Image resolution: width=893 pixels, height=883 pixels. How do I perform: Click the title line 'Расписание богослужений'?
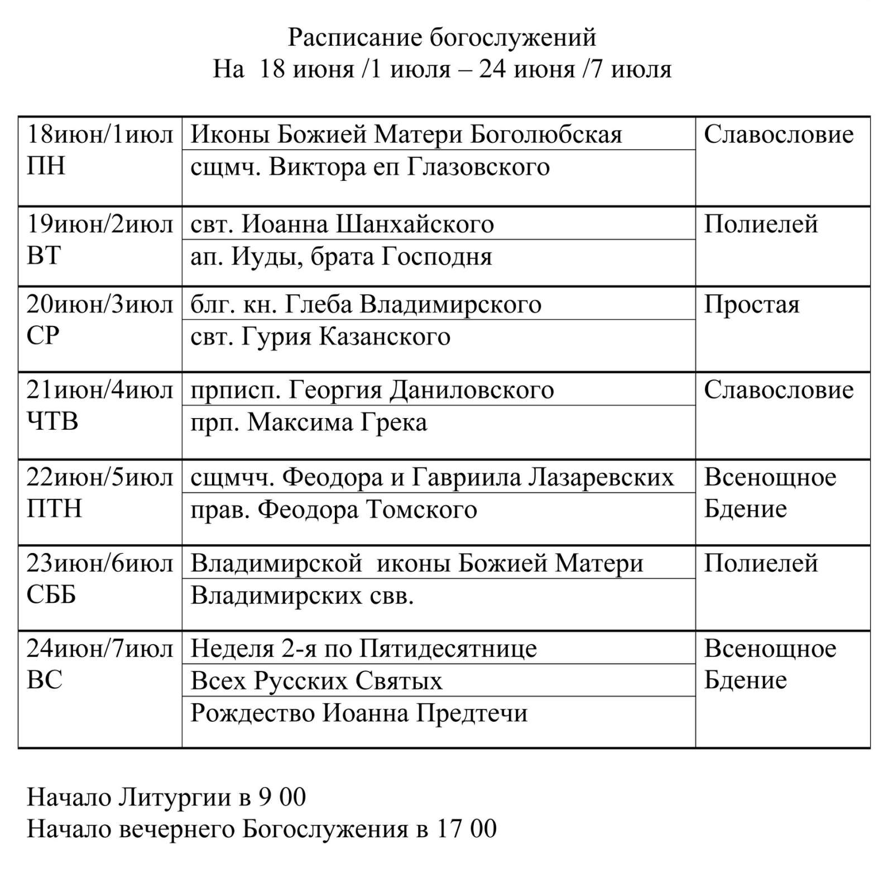(441, 37)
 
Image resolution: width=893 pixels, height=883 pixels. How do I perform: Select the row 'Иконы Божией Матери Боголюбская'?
(406, 135)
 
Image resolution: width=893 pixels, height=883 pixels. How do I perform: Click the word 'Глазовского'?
(478, 167)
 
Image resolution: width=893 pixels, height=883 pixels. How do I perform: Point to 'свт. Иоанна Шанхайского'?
(342, 224)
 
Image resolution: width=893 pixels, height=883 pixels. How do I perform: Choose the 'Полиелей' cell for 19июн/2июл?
(761, 224)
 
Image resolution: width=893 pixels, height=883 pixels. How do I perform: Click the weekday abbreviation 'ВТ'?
(44, 256)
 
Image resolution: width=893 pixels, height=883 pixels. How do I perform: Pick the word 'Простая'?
(751, 305)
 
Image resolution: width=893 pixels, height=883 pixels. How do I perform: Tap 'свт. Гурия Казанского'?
(320, 337)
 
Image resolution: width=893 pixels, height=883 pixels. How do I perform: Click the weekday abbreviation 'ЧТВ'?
(52, 421)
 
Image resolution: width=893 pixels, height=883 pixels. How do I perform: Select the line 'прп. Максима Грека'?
(309, 423)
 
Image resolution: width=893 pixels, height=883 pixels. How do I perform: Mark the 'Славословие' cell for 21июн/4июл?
(779, 390)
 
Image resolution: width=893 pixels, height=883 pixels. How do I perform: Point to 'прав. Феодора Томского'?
(334, 510)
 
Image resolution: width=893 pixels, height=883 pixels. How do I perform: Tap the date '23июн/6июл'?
(99, 564)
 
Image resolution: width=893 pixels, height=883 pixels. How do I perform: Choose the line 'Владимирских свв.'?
(302, 596)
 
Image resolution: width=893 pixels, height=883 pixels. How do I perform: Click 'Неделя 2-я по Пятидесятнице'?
(363, 649)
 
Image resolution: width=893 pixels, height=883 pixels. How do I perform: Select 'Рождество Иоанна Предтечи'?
(359, 713)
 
